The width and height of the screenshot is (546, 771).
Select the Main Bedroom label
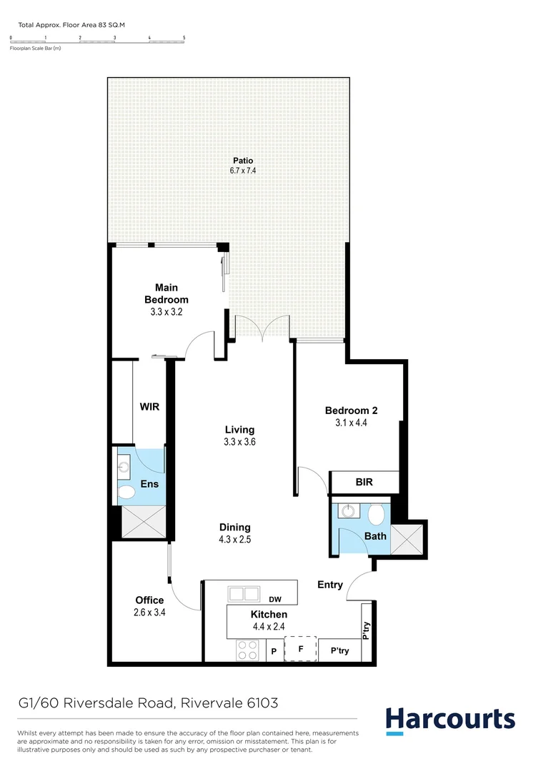[x=166, y=293]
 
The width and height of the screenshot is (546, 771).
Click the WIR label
[x=149, y=407]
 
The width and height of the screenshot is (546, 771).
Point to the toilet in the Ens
[x=127, y=493]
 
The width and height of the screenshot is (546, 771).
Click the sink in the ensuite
[x=124, y=468]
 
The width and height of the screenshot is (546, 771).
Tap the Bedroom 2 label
[x=351, y=410]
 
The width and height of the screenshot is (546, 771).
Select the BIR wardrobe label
[x=364, y=483]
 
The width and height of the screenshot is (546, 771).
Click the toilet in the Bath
[x=377, y=512]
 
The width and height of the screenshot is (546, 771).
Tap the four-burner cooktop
[x=247, y=650]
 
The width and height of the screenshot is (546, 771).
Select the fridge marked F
[x=301, y=648]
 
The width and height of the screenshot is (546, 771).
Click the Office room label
[x=149, y=600]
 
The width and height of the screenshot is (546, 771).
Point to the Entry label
[x=330, y=585]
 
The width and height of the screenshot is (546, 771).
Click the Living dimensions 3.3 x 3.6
[x=239, y=442]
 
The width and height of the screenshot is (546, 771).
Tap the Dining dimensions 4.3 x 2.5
[x=234, y=540]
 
